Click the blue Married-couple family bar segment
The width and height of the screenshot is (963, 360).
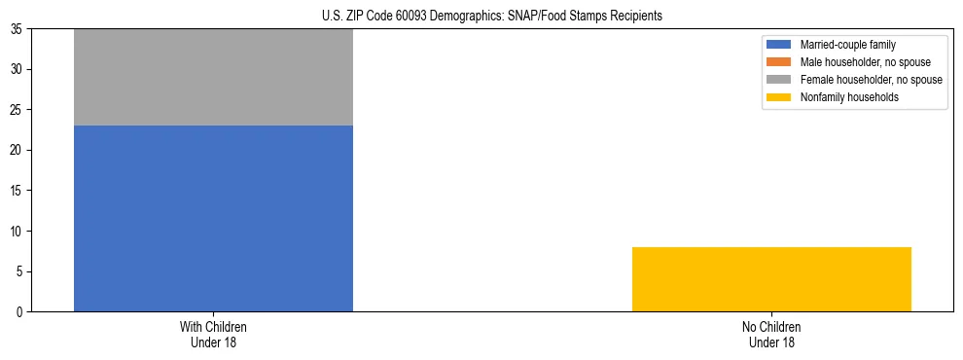(x=213, y=218)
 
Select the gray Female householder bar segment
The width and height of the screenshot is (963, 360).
(x=213, y=78)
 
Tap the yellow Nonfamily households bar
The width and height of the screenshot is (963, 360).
(x=771, y=279)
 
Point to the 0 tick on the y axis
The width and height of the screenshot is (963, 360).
(x=20, y=311)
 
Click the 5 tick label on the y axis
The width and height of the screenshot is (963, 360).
(x=20, y=271)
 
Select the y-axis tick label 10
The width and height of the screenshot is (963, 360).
(x=18, y=231)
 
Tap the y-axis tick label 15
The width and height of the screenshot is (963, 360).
(x=18, y=191)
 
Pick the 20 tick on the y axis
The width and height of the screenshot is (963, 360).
(x=18, y=150)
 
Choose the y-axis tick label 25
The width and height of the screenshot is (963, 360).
(x=18, y=110)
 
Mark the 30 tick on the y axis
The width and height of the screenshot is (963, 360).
(x=18, y=69)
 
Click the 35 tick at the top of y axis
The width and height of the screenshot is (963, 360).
(x=18, y=29)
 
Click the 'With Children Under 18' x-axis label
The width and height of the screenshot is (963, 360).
(x=213, y=334)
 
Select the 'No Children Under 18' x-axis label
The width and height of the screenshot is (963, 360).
(x=771, y=334)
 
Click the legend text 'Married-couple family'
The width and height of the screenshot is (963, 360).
(x=847, y=45)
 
